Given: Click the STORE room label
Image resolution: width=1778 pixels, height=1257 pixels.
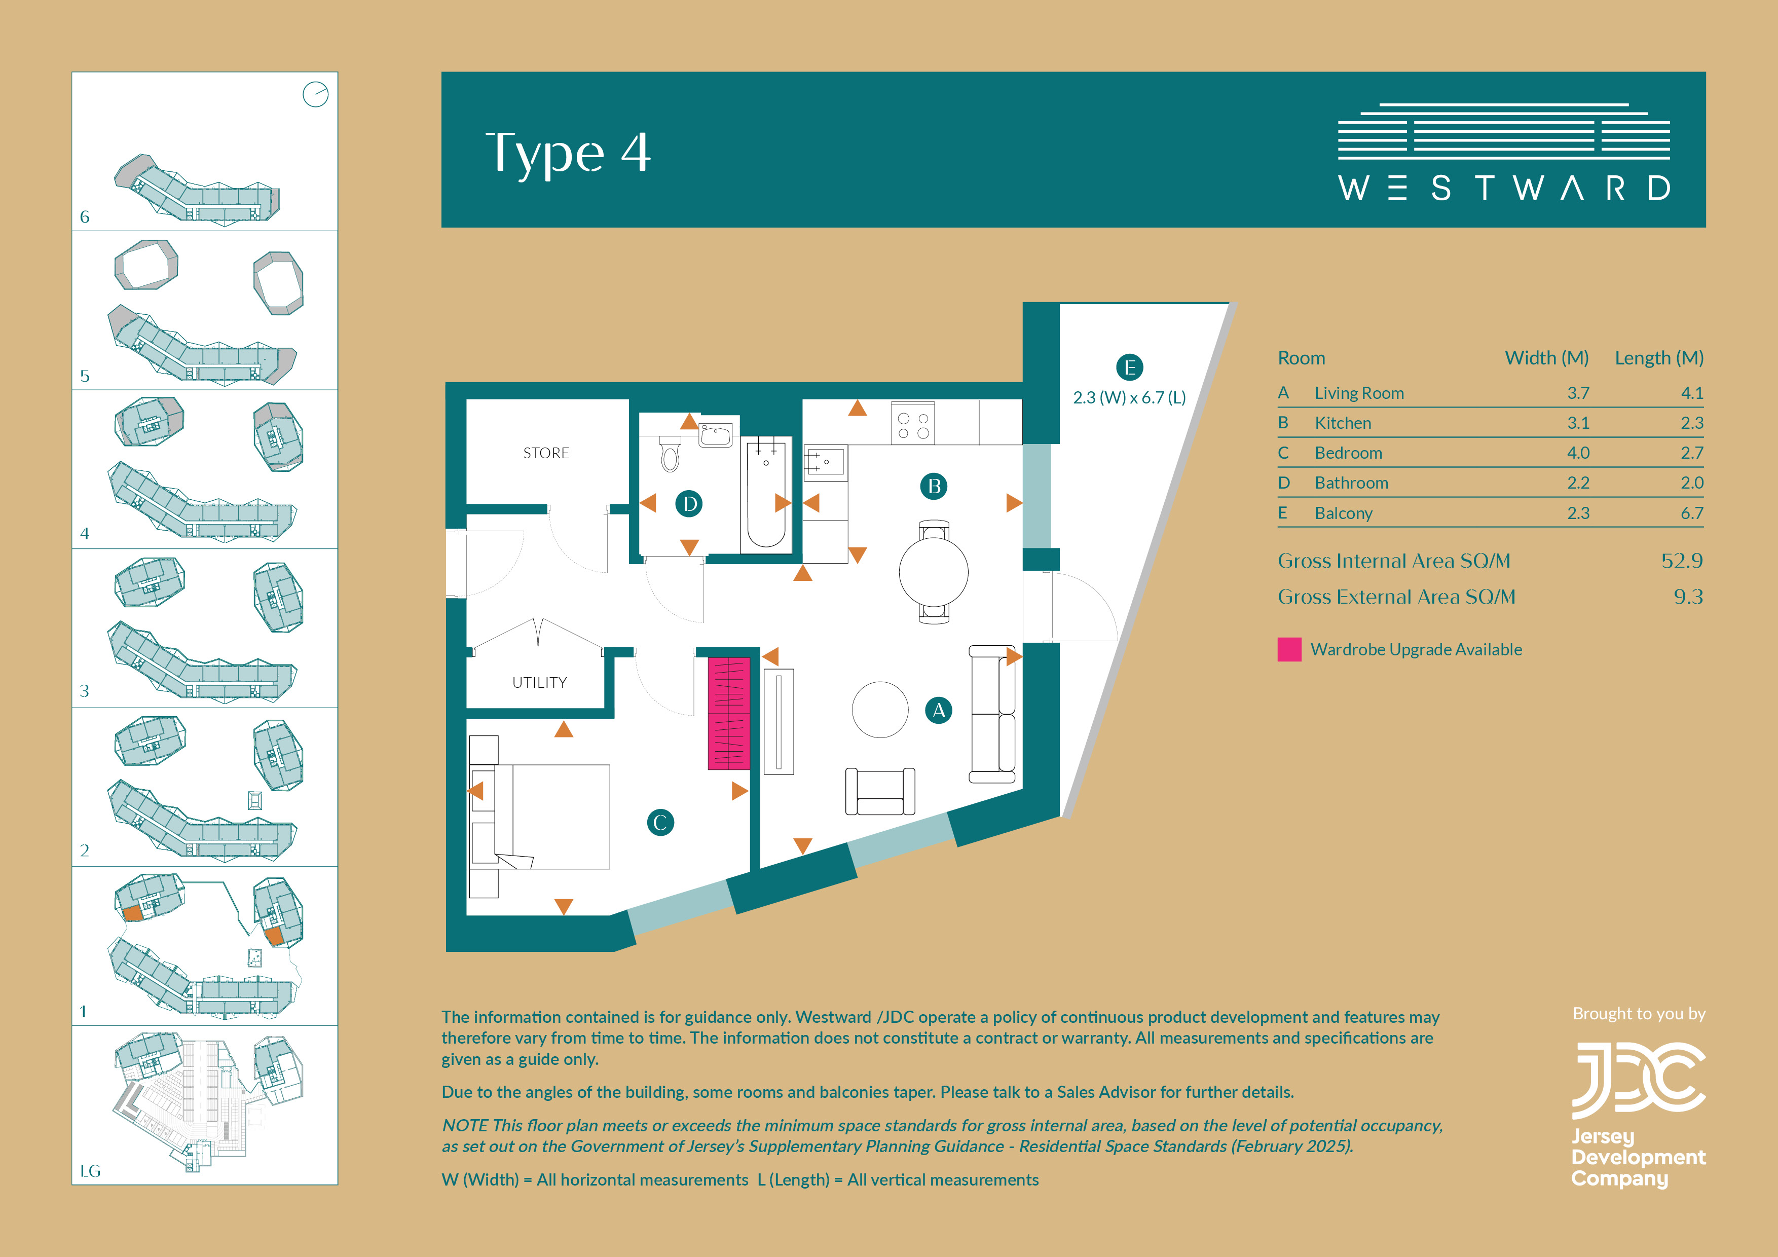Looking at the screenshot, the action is click(546, 453).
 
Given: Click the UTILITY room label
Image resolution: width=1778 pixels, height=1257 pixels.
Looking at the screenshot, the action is click(540, 682).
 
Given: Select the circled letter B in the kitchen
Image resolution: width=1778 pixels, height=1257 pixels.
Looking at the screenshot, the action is click(934, 487).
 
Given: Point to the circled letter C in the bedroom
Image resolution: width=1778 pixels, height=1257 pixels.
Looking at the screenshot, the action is click(660, 823).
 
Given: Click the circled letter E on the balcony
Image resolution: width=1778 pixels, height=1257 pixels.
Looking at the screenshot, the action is click(1130, 367).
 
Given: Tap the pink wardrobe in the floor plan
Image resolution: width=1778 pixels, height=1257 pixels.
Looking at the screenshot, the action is click(729, 713).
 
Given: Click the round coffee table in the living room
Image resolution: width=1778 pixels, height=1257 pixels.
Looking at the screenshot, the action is click(880, 710).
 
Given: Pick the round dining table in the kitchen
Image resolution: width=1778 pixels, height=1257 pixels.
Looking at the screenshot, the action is click(933, 572).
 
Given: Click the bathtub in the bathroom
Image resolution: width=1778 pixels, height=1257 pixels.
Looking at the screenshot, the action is click(766, 495).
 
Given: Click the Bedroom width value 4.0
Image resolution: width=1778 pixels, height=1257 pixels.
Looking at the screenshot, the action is click(1578, 453).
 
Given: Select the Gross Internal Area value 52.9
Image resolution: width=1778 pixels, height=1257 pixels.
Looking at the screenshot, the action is click(1682, 561).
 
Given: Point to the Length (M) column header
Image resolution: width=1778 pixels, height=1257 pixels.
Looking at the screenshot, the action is click(1659, 358).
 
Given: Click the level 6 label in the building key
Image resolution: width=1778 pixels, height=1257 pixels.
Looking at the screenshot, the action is click(85, 217).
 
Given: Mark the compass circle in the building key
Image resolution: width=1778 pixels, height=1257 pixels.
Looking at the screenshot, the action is click(315, 94).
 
